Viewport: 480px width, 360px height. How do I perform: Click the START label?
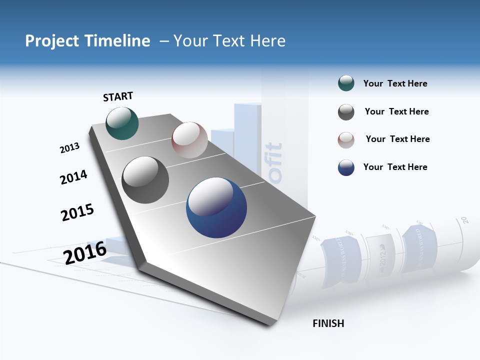coord(118,96)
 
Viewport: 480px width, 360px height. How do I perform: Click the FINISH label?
coord(328,323)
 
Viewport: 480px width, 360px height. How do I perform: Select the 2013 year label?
coord(69,148)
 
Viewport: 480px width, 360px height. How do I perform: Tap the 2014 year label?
coord(73,177)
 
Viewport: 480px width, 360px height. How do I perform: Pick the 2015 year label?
coord(77,212)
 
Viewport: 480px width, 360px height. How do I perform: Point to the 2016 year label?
coord(85,252)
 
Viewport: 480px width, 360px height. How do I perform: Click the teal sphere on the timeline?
coord(122,123)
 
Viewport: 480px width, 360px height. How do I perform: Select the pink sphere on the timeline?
coord(189,140)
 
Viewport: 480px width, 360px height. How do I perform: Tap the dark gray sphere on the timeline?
coord(145,180)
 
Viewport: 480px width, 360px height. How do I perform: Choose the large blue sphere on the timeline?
coord(216,207)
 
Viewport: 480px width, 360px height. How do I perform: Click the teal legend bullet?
coord(346,83)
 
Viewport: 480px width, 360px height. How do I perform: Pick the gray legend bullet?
coord(346,112)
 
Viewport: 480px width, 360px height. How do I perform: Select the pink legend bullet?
coord(346,139)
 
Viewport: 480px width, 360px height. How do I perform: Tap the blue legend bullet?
coord(346,167)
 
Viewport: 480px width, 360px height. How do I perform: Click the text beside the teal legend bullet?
coord(395,83)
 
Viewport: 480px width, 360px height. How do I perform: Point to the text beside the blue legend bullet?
coord(395,167)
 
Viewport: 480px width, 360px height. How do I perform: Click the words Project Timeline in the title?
coord(87,41)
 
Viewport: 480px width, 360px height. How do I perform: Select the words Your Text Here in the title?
coord(229,41)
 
